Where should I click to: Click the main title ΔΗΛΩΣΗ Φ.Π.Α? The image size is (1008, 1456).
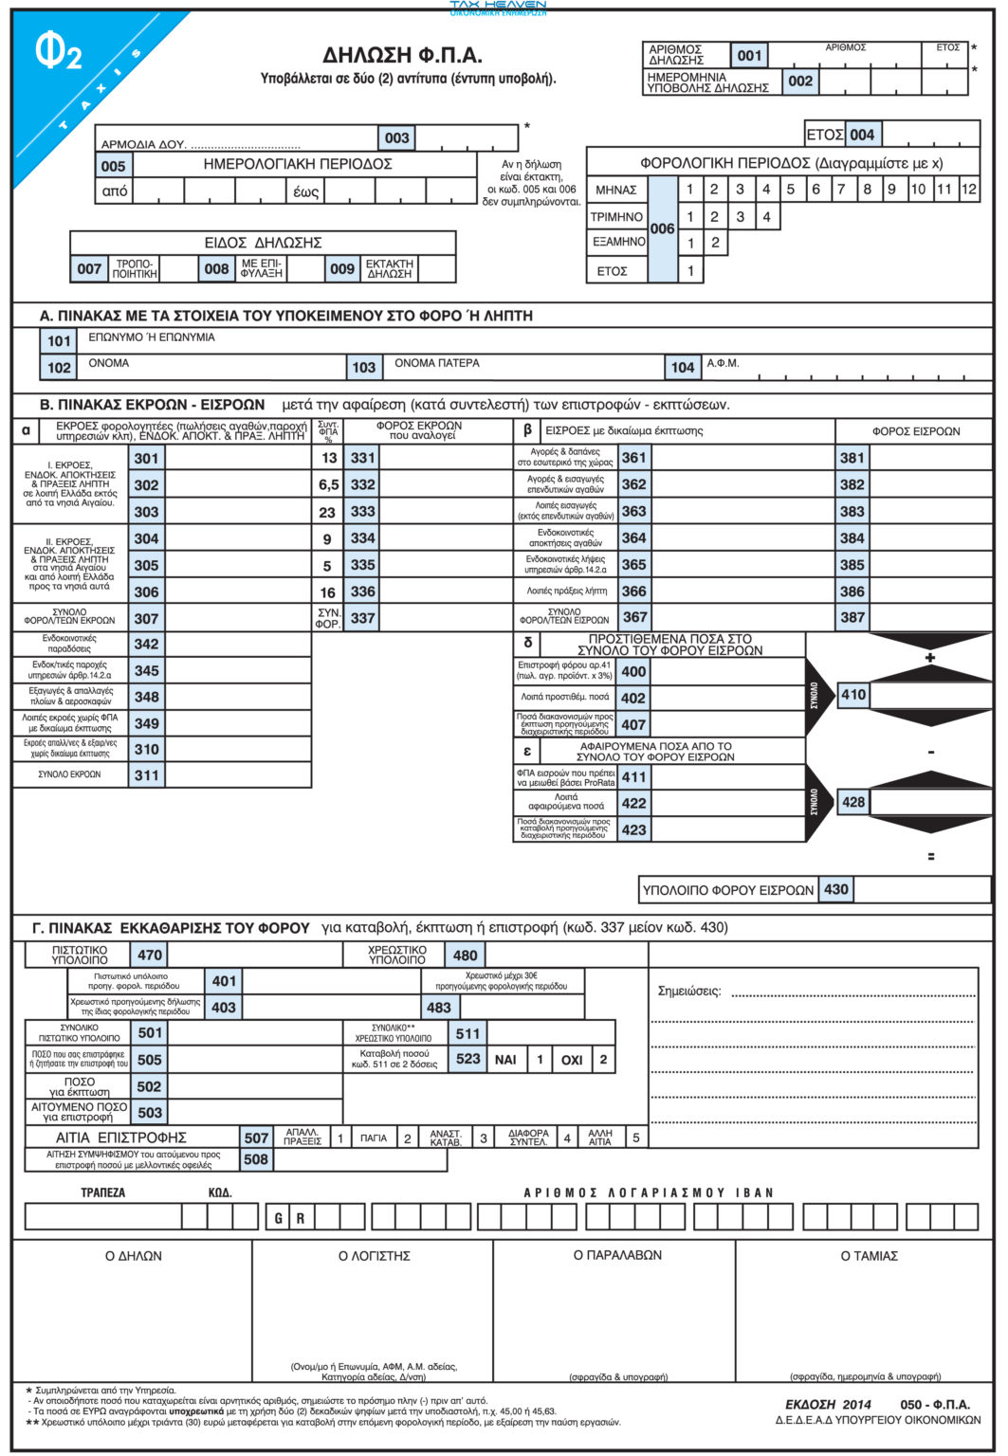tap(403, 55)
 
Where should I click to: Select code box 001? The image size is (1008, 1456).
tap(749, 55)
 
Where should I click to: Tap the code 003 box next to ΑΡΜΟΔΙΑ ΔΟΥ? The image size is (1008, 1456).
tap(396, 137)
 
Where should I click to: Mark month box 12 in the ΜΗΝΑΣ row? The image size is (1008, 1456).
tap(968, 190)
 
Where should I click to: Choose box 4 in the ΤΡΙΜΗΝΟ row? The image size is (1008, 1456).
tap(766, 216)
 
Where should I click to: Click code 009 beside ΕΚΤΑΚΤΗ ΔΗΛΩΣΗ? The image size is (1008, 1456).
tap(342, 268)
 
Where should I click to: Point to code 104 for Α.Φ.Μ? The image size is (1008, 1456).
tap(683, 367)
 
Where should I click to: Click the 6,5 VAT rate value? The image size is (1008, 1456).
tap(328, 484)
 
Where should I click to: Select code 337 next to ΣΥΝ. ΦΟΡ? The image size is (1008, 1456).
tap(362, 618)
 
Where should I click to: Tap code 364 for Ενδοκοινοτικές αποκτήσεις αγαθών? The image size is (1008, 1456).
tap(633, 537)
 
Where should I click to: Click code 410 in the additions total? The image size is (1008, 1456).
tap(853, 695)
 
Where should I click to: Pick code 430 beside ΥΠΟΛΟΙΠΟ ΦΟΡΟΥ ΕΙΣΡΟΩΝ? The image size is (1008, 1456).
tap(835, 889)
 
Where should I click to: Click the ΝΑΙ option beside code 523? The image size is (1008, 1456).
tap(505, 1059)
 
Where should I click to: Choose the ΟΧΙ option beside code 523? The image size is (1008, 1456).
tap(572, 1059)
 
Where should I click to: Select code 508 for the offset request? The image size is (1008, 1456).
tap(256, 1158)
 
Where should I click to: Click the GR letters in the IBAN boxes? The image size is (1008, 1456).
tap(289, 1218)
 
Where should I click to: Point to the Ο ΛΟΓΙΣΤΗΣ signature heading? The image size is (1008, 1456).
tap(374, 1256)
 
